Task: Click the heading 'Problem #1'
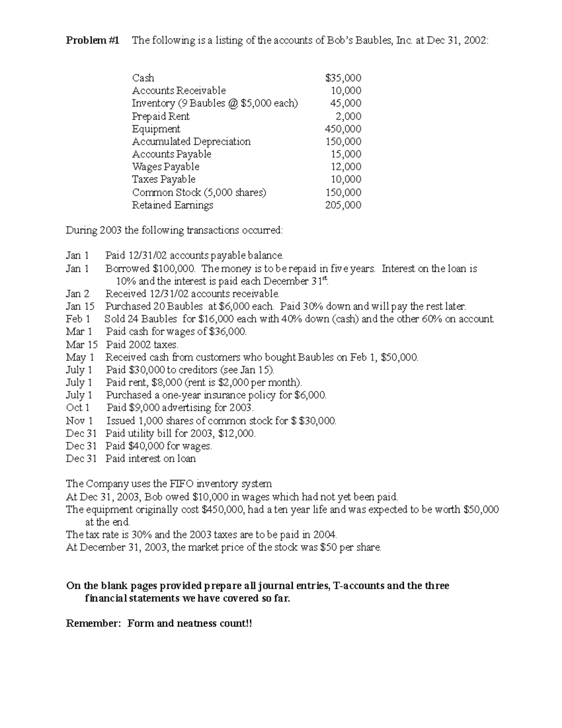[92, 41]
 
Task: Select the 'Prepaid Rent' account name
[160, 116]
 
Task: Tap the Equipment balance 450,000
[343, 129]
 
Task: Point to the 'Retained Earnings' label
[172, 205]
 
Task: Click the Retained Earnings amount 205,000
[343, 205]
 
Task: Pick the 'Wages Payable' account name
[165, 167]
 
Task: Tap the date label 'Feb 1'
[78, 319]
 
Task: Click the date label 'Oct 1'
[77, 408]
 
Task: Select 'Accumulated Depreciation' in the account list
[191, 142]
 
